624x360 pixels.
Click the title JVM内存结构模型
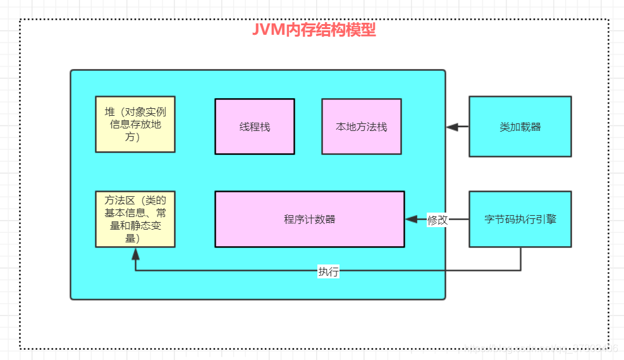point(314,30)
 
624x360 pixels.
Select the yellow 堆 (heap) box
point(135,124)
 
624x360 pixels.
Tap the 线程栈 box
point(254,127)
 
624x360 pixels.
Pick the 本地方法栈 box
point(361,127)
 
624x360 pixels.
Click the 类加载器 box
point(520,127)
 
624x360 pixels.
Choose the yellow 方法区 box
point(135,219)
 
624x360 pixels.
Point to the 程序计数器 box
point(309,219)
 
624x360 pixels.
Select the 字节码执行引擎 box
point(520,219)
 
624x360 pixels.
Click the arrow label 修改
point(437,220)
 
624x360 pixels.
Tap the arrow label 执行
point(328,271)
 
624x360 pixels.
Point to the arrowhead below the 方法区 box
point(135,253)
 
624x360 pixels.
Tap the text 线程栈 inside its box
point(254,127)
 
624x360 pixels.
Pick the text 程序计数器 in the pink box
point(309,220)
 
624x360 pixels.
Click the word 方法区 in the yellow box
point(118,201)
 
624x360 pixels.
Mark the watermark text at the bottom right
point(544,347)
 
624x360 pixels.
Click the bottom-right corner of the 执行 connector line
point(520,270)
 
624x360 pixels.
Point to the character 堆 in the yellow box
point(110,112)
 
